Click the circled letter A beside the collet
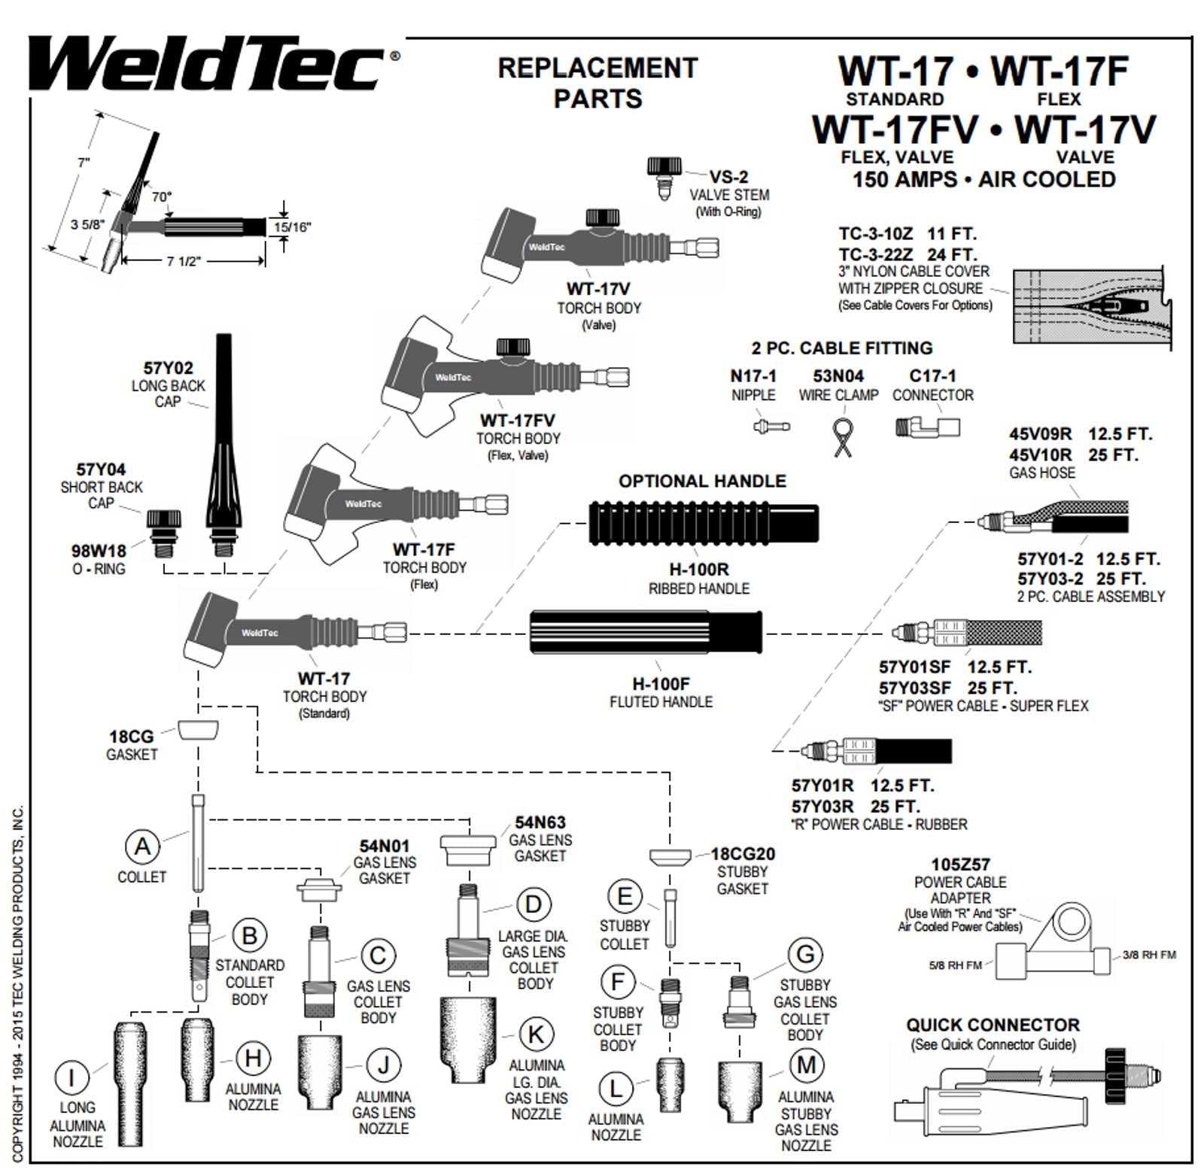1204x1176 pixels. pyautogui.click(x=142, y=846)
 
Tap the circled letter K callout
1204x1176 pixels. pyautogui.click(x=535, y=1035)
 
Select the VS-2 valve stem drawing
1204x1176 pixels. pyautogui.click(x=664, y=176)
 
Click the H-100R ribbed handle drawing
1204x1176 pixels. pyautogui.click(x=703, y=523)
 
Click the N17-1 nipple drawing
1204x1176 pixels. pyautogui.click(x=771, y=427)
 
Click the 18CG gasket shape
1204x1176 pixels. pyautogui.click(x=199, y=728)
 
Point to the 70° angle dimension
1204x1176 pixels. pyautogui.click(x=161, y=196)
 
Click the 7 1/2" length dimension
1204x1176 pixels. pyautogui.click(x=184, y=261)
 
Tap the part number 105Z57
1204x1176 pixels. pyautogui.click(x=960, y=865)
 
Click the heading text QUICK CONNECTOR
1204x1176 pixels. pyautogui.click(x=993, y=1025)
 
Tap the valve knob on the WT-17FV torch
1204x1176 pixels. pyautogui.click(x=513, y=347)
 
